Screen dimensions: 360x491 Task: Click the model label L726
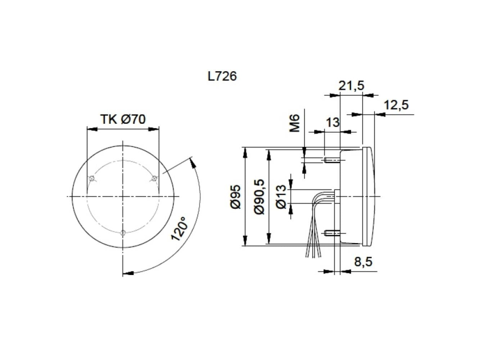click(x=222, y=76)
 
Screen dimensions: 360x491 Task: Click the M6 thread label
click(x=295, y=123)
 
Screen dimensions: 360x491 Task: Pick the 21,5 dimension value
click(x=351, y=86)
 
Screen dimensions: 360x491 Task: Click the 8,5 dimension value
click(x=363, y=262)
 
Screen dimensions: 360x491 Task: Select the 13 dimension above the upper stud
click(x=332, y=122)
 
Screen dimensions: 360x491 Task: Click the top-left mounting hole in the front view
click(x=92, y=178)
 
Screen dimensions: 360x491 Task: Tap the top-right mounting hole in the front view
click(x=154, y=178)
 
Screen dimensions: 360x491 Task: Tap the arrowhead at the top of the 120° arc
click(x=193, y=162)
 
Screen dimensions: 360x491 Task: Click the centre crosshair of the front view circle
click(x=123, y=196)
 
